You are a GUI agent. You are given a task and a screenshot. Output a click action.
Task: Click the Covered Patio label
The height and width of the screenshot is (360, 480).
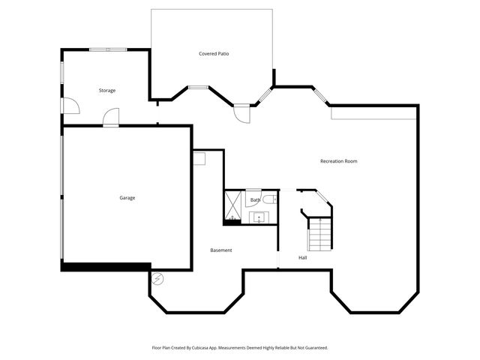214,54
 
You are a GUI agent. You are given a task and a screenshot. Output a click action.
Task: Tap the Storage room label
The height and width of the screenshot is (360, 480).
107,91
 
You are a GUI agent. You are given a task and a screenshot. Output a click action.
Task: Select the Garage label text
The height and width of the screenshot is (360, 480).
127,198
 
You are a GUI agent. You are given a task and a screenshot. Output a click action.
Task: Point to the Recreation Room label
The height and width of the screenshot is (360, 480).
338,161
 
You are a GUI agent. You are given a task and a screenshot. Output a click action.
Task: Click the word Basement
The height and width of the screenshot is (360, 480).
220,250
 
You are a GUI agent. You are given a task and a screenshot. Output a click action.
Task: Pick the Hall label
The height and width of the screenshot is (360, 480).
303,258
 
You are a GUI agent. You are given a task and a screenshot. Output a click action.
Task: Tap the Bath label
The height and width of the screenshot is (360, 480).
255,200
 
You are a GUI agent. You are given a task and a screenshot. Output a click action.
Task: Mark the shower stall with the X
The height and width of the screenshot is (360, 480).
232,200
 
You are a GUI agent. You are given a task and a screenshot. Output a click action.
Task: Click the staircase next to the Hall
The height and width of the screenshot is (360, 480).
320,233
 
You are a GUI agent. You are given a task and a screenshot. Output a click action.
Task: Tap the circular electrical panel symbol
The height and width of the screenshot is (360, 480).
157,279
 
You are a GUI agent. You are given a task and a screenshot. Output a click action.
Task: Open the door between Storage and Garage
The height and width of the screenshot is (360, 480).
111,117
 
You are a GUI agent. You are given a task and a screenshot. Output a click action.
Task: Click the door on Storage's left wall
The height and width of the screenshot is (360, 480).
70,106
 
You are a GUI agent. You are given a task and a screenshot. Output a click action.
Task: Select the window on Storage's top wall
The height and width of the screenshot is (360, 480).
108,50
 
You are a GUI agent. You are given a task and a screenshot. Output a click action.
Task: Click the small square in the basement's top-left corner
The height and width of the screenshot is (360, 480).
199,158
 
